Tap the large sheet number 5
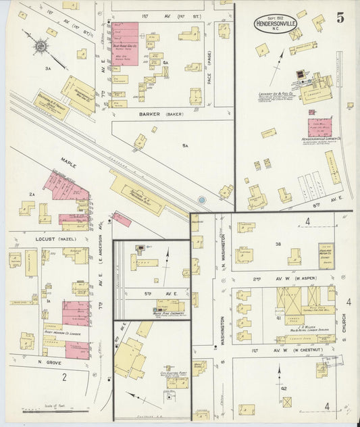tap(339, 18)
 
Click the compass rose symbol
tap(41, 46)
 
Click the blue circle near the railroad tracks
tap(202, 200)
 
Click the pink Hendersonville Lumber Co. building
tap(320, 128)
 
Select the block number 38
tap(277, 243)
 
